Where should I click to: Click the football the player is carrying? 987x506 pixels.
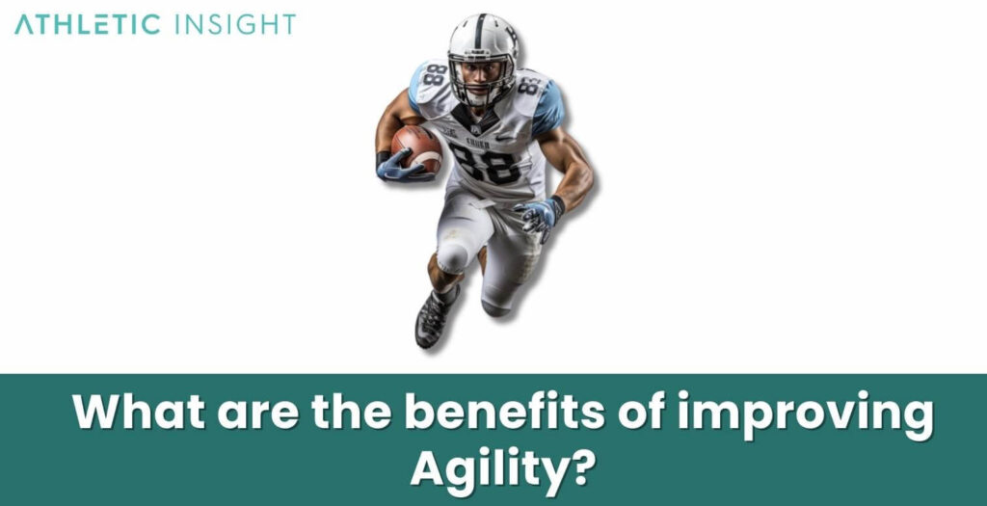tap(416, 147)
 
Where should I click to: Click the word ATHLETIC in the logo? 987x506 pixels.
tap(88, 25)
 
